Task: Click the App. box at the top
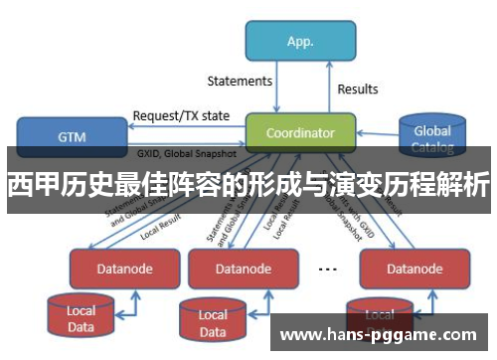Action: (299, 43)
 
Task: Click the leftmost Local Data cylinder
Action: (82, 317)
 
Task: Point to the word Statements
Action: (239, 81)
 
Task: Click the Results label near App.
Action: (357, 89)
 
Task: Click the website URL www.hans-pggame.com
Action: (384, 334)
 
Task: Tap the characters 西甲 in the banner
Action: (27, 184)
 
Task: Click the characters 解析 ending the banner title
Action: (466, 184)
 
